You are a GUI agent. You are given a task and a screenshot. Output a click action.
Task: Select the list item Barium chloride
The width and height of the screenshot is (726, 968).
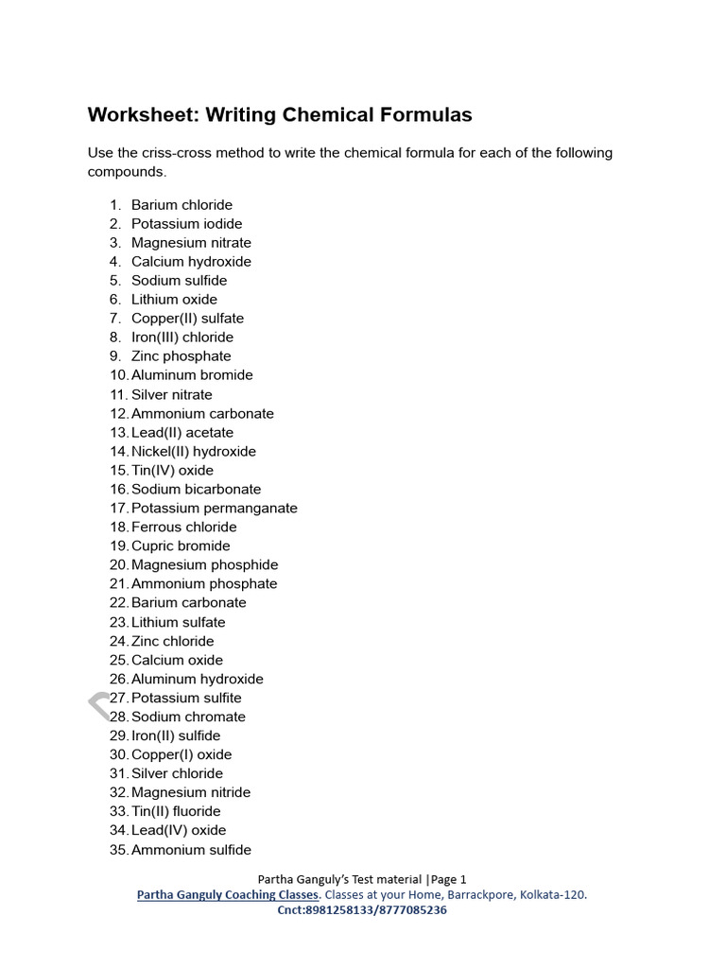(x=181, y=205)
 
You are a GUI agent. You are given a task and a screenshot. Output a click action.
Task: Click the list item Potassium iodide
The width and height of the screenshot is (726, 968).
(x=186, y=224)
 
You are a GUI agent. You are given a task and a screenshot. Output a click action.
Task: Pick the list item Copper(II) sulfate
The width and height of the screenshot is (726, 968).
(x=187, y=319)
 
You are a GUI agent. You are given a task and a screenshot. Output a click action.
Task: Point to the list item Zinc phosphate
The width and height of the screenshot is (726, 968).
(x=181, y=356)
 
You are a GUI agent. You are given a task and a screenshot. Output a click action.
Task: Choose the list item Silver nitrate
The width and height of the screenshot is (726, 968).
(x=171, y=394)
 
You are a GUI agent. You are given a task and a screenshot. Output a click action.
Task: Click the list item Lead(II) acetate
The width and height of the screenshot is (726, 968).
(x=181, y=433)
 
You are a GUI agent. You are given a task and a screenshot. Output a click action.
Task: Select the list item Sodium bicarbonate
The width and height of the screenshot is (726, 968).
(x=196, y=490)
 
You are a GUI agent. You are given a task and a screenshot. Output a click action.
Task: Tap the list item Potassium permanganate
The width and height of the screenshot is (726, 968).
(x=214, y=509)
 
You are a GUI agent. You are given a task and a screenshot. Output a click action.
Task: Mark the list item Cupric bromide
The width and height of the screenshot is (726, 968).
(x=181, y=546)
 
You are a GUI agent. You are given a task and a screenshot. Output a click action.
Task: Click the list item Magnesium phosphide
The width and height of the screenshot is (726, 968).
(x=204, y=565)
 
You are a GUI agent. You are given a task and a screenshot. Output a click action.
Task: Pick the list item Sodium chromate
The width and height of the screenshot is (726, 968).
(x=188, y=717)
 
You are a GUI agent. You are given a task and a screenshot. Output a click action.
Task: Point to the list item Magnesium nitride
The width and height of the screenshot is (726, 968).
(x=191, y=792)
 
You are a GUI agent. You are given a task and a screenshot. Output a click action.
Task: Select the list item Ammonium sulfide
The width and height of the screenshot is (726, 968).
(x=191, y=850)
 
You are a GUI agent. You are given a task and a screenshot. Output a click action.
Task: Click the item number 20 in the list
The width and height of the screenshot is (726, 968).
(x=118, y=565)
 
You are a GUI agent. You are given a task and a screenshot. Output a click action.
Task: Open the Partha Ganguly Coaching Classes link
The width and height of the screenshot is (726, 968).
(x=228, y=894)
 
